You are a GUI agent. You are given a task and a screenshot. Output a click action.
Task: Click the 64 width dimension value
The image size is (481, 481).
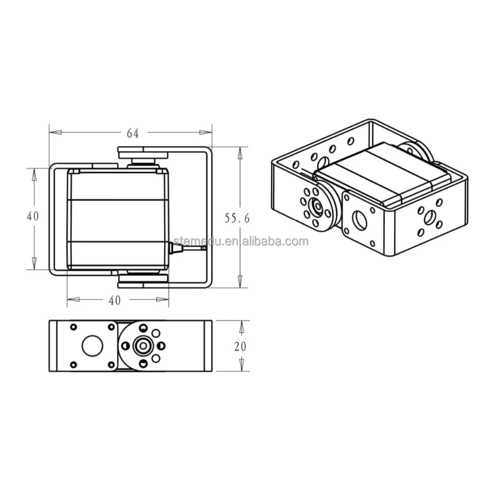132,133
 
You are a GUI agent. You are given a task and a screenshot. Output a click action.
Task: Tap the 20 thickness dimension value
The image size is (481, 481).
240,346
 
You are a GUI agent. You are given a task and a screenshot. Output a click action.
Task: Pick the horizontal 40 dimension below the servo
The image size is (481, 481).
115,300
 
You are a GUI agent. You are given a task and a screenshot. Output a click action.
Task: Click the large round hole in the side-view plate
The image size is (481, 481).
91,346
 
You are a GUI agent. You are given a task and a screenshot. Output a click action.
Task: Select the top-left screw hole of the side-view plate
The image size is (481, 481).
74,327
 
